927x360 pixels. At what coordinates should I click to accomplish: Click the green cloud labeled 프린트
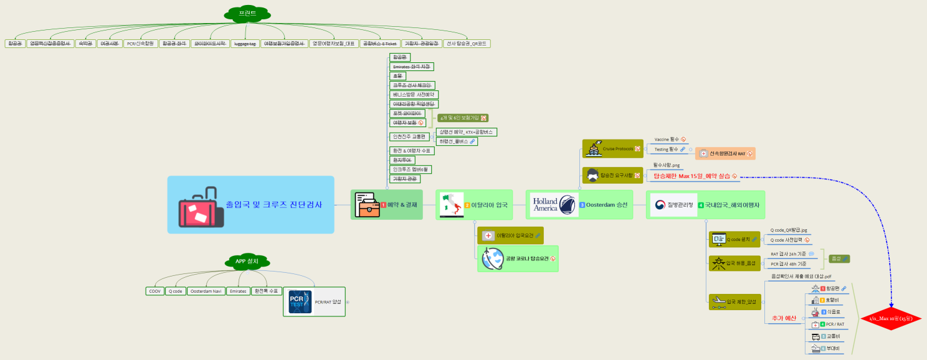(x=247, y=12)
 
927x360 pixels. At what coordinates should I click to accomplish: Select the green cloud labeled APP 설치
(x=249, y=261)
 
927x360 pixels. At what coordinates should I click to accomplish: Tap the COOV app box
(x=154, y=291)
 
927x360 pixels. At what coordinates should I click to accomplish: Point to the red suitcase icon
(x=200, y=206)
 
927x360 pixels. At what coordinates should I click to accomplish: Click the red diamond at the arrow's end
(x=890, y=318)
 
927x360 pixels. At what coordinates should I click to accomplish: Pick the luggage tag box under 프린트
(x=244, y=44)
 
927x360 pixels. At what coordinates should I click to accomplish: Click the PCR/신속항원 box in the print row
(x=140, y=44)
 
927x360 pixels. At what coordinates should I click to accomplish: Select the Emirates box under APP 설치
(x=237, y=291)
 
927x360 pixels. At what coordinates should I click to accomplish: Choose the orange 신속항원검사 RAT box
(x=724, y=153)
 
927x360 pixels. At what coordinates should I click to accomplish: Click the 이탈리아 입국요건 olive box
(x=510, y=235)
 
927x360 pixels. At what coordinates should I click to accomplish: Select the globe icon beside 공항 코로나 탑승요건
(x=492, y=258)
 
